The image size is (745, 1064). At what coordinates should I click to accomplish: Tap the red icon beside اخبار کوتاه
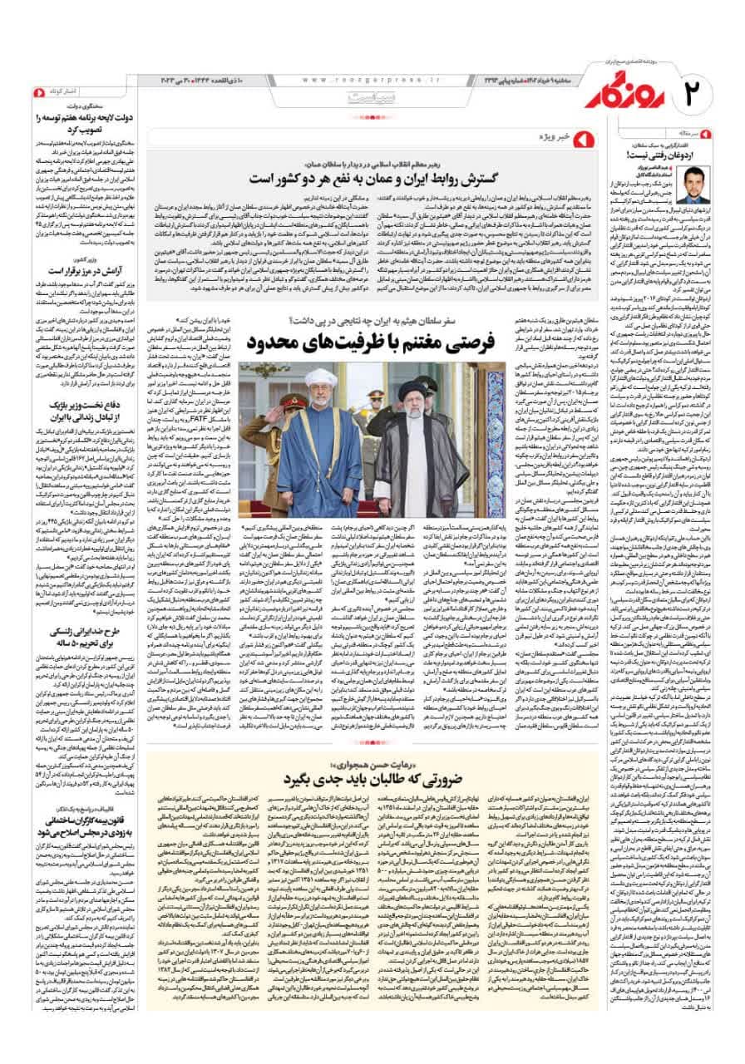click(x=37, y=90)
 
